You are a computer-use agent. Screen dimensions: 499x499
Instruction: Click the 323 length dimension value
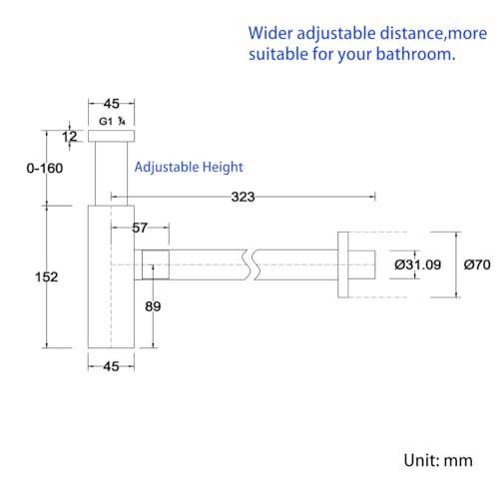[x=243, y=197]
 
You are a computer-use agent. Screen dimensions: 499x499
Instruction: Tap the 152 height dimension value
[x=47, y=276]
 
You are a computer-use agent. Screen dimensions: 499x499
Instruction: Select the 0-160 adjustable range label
[x=45, y=168]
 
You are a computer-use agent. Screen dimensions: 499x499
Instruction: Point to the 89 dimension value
[x=153, y=306]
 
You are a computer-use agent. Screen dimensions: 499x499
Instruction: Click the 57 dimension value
[x=140, y=228]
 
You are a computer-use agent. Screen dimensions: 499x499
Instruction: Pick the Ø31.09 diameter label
[x=418, y=264]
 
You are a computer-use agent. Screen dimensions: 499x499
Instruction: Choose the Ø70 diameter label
[x=477, y=264]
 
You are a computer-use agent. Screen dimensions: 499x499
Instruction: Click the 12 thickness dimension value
[x=70, y=137]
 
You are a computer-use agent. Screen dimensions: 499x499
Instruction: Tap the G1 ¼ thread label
[x=112, y=122]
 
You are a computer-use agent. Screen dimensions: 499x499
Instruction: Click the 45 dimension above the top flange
[x=112, y=104]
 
